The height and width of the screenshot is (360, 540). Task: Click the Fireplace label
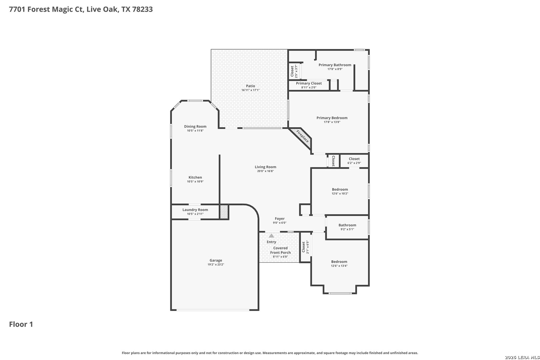[x=302, y=136]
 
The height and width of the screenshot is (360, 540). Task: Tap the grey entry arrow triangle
[x=271, y=236]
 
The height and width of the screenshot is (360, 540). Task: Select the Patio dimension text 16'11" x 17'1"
[x=250, y=90]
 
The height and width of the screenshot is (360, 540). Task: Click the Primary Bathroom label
[x=335, y=65]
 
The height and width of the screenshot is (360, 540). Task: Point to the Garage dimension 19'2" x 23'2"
[x=216, y=265]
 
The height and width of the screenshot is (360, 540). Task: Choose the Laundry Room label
[x=195, y=210]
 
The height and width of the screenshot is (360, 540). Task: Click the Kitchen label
[x=195, y=177]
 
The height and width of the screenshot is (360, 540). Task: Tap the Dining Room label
[x=195, y=126]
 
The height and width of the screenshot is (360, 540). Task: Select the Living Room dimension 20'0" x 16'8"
[x=265, y=171]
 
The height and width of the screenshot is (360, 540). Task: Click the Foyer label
[x=280, y=219]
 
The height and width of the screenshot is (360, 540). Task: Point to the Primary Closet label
[x=309, y=83]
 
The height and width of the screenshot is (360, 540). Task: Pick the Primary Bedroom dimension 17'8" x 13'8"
[x=332, y=122]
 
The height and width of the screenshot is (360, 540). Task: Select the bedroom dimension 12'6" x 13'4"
[x=339, y=266]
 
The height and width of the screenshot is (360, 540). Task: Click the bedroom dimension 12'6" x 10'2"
[x=340, y=194]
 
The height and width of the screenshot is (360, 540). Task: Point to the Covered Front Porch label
[x=280, y=250]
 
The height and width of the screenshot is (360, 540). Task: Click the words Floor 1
[x=21, y=324]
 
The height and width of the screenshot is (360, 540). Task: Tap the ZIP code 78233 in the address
[x=142, y=9]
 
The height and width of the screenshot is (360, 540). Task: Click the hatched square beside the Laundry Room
[x=224, y=212]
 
